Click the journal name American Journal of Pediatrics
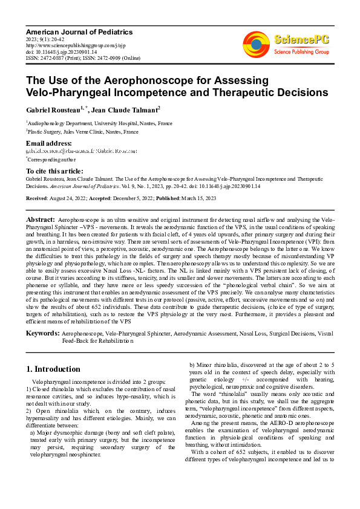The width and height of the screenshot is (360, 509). click(79, 31)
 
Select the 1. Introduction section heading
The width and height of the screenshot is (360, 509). click(53, 369)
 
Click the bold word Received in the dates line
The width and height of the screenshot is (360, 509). click(38, 198)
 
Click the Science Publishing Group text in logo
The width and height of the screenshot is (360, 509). click(301, 52)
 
